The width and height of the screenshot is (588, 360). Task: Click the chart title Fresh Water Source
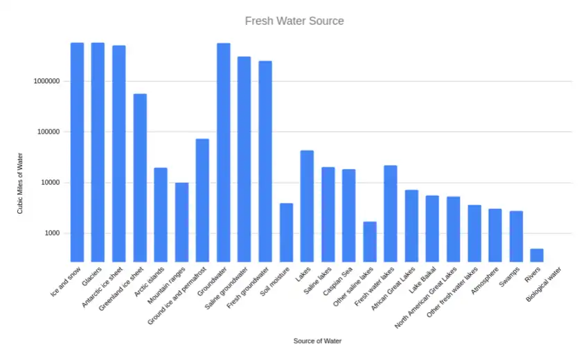294,21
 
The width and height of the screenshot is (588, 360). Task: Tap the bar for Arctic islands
161,215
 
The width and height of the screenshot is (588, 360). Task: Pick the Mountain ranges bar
181,222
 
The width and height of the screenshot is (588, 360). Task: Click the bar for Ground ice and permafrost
202,200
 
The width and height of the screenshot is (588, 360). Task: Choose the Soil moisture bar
286,232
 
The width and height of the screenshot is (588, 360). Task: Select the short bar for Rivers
537,255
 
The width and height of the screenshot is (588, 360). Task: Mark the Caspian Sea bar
349,215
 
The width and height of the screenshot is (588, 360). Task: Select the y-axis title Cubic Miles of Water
21,183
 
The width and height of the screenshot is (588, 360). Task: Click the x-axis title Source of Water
317,341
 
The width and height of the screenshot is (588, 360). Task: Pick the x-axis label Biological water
544,284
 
